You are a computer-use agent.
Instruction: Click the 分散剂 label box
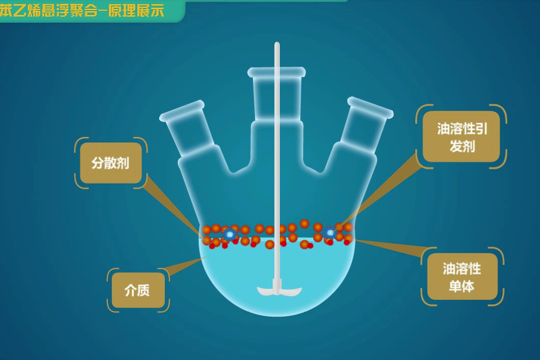(111, 163)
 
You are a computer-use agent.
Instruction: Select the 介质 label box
(138, 290)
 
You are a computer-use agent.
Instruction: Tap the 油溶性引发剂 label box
(461, 137)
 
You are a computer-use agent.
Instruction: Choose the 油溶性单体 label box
(462, 277)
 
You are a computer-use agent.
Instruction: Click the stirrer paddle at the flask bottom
(279, 291)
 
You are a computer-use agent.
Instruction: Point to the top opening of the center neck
(277, 72)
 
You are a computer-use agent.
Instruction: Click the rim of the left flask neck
(182, 111)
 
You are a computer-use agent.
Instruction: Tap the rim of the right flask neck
(370, 108)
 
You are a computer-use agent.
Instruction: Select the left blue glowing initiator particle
(230, 234)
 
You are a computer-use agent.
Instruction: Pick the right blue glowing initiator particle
(330, 233)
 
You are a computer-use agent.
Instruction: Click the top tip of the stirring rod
(277, 45)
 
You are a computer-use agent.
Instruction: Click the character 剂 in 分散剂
(123, 163)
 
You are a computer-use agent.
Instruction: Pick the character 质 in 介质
(144, 290)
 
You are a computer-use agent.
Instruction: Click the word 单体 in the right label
(462, 286)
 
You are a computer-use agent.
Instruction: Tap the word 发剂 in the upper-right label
(462, 146)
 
